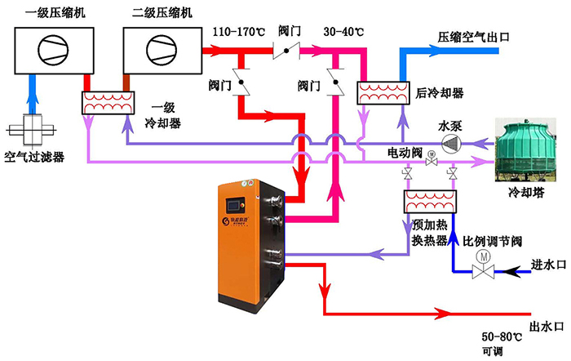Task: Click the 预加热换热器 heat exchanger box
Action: (430, 201)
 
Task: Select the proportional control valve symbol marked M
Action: (483, 261)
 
